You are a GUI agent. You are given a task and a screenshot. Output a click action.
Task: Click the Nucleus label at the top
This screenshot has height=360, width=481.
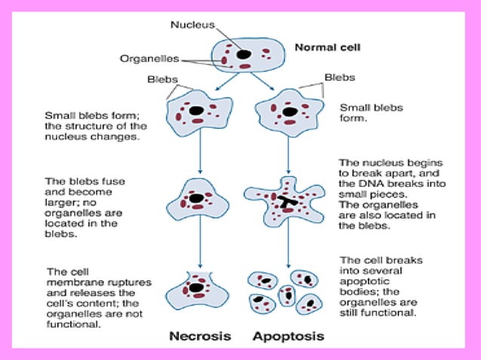coord(193,24)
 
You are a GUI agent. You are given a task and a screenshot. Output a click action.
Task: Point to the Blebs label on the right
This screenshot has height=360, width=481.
coord(339,77)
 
